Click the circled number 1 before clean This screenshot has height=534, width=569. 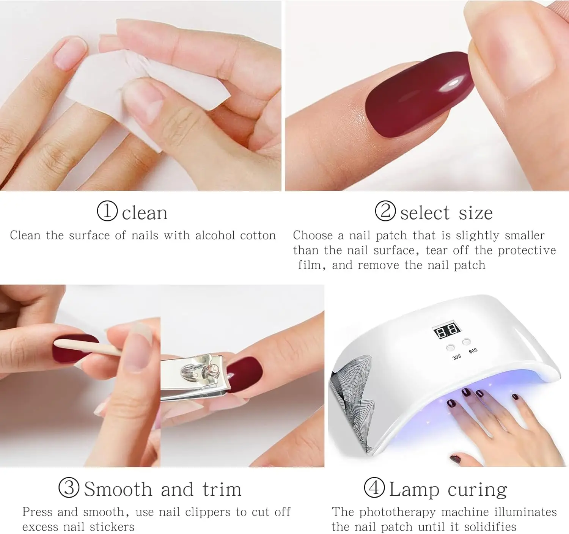tap(107, 211)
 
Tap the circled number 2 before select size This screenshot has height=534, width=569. tap(385, 211)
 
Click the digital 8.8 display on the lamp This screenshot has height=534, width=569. tap(447, 331)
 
